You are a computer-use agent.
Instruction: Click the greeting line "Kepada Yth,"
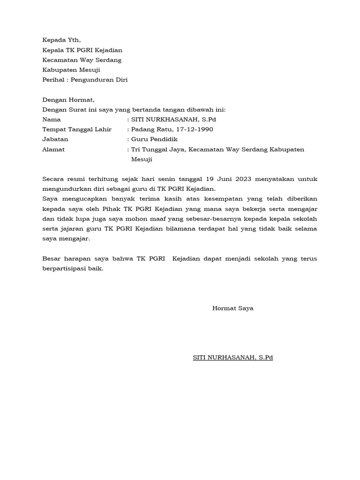65,40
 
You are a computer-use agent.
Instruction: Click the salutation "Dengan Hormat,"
68,100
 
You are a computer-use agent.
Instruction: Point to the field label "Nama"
51,120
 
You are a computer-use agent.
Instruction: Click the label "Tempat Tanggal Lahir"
77,129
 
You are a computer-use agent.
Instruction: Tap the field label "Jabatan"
55,139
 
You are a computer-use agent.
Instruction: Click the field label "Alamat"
53,150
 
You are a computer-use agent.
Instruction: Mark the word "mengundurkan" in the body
63,189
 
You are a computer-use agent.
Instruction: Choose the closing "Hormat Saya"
233,308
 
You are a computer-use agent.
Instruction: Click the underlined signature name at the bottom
233,358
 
